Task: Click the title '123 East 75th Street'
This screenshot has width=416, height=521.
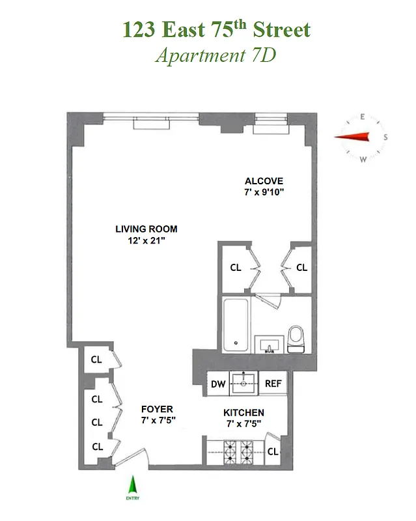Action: click(215, 29)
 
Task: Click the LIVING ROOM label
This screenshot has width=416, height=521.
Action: click(146, 229)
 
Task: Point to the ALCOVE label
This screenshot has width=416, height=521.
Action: click(264, 181)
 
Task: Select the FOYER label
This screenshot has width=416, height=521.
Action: click(157, 409)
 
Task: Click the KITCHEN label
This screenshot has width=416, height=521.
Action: click(243, 413)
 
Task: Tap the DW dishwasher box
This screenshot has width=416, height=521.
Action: click(218, 384)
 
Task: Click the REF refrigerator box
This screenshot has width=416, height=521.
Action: click(273, 384)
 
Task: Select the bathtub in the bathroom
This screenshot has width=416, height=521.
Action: click(236, 324)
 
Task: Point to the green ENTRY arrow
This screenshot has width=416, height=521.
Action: click(133, 486)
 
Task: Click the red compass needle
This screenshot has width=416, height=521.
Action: click(352, 136)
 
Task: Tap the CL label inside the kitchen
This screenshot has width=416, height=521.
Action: click(273, 451)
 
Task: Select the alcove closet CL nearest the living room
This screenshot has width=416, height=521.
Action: click(236, 268)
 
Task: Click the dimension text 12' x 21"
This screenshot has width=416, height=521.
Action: click(146, 240)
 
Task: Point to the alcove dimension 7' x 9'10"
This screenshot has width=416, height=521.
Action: click(264, 193)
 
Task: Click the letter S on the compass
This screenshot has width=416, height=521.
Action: click(385, 137)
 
